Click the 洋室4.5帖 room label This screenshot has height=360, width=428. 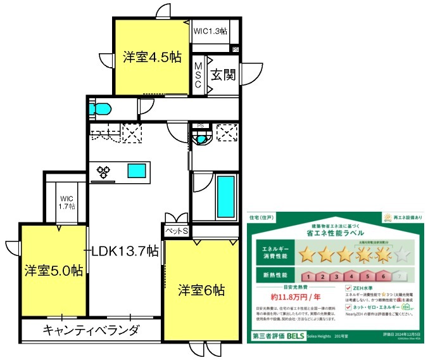pos(152,57)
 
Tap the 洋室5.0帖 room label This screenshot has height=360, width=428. pos(54,270)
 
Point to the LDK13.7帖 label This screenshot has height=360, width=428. pos(125,251)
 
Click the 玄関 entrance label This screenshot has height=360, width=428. pos(223,75)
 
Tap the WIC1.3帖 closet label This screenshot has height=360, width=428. pos(211,30)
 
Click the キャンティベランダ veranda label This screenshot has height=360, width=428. pos(91,330)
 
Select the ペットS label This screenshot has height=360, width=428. pos(177,232)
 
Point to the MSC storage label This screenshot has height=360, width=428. pos(198,76)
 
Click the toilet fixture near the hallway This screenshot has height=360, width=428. pos(101,107)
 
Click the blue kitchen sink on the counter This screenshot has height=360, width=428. pos(136,170)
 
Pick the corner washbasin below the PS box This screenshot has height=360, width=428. pos(201,139)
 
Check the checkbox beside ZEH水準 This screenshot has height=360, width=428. pos(348,287)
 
